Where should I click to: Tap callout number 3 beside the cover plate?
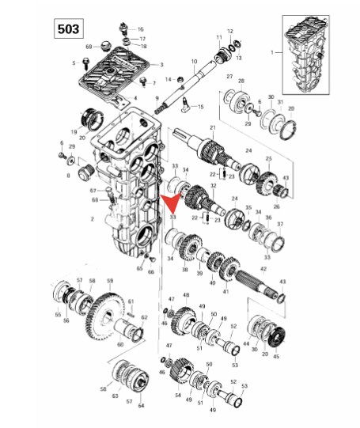pyautogui.click(x=161, y=65)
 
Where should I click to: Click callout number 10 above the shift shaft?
pyautogui.click(x=193, y=61)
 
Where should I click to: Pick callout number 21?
pyautogui.click(x=212, y=127)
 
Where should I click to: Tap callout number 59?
pyautogui.click(x=110, y=281)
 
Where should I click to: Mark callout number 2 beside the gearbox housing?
pyautogui.click(x=93, y=218)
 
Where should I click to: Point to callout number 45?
pyautogui.click(x=276, y=357)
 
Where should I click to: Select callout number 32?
pyautogui.click(x=212, y=185)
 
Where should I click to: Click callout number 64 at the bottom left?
pyautogui.click(x=141, y=406)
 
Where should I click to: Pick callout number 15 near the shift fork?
pyautogui.click(x=200, y=107)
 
